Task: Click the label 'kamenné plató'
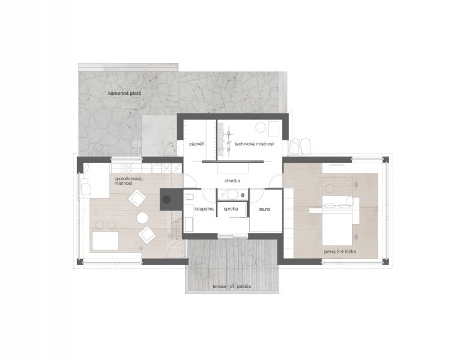125,93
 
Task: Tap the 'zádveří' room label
197,144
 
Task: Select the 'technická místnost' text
254,144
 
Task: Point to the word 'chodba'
232,181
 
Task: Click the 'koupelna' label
204,209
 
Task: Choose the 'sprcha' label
231,209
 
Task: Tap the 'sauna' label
264,209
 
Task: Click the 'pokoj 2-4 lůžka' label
340,252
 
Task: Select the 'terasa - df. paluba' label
232,287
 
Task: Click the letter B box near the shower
243,195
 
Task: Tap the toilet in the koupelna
189,196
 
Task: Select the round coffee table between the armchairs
142,218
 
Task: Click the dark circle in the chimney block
166,199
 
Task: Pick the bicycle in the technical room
229,138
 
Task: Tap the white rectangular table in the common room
105,241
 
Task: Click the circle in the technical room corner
261,127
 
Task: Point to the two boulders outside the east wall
300,146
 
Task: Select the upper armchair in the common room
137,198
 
